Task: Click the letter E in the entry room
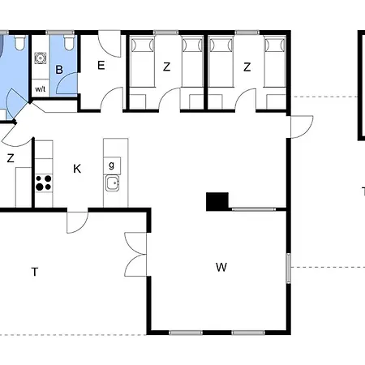click(x=101, y=66)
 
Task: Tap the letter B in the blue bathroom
click(x=59, y=70)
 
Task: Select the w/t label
click(x=41, y=88)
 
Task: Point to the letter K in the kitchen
click(x=77, y=169)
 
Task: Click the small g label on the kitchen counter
click(x=111, y=165)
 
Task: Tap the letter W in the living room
click(x=221, y=267)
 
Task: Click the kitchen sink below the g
click(x=112, y=183)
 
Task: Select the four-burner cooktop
click(x=44, y=182)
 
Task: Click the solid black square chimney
click(x=217, y=201)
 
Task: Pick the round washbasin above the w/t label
click(x=41, y=58)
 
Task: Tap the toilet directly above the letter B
click(x=69, y=41)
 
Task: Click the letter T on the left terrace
click(x=35, y=272)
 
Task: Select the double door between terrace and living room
click(x=135, y=254)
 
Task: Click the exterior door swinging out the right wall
click(x=302, y=127)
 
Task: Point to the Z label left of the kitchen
click(x=11, y=158)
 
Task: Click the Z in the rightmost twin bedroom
click(x=247, y=67)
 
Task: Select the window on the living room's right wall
click(x=289, y=268)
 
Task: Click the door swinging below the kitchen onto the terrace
click(x=78, y=221)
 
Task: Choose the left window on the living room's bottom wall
click(x=186, y=333)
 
